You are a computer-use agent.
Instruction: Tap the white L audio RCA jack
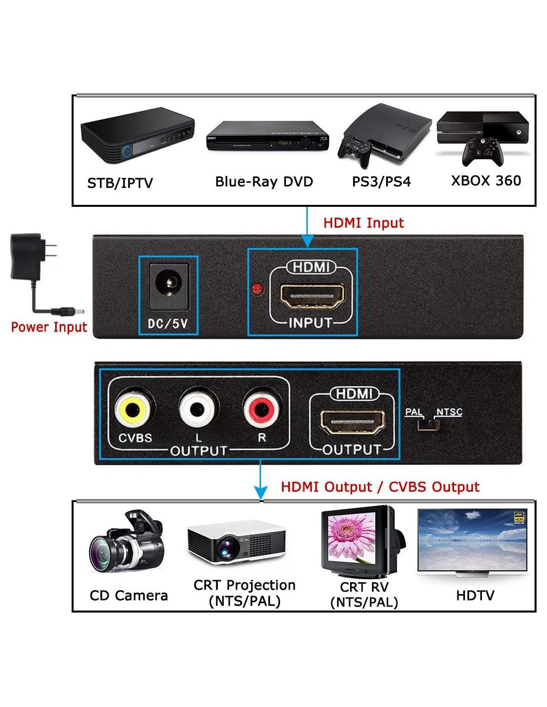pyautogui.click(x=197, y=410)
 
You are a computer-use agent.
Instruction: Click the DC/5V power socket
pyautogui.click(x=168, y=285)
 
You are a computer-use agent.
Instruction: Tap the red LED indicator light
pyautogui.click(x=257, y=289)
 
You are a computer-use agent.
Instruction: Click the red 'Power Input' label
pyautogui.click(x=49, y=327)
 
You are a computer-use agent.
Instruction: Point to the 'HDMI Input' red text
pyautogui.click(x=364, y=223)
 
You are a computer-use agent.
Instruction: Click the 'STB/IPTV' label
pyautogui.click(x=120, y=183)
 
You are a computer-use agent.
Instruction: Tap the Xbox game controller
pyautogui.click(x=482, y=152)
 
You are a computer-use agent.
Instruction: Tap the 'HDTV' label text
pyautogui.click(x=475, y=595)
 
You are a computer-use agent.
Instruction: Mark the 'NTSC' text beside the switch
pyautogui.click(x=449, y=412)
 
